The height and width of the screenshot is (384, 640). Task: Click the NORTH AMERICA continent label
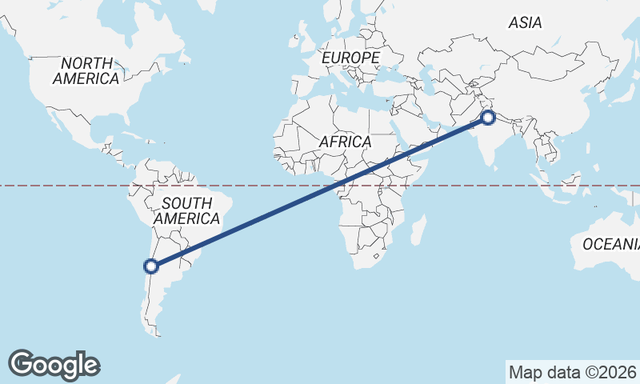click(86, 70)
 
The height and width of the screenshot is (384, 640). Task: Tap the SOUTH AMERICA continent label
click(186, 210)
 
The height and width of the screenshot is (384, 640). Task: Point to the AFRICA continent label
click(345, 142)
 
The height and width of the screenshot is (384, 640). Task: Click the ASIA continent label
click(525, 23)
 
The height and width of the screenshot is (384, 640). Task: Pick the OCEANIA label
click(610, 244)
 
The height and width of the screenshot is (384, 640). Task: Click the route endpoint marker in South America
click(150, 266)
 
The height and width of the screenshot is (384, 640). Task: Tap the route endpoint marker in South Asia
click(488, 119)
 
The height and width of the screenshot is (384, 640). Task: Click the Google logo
click(54, 365)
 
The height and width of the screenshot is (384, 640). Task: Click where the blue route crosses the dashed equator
click(335, 186)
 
